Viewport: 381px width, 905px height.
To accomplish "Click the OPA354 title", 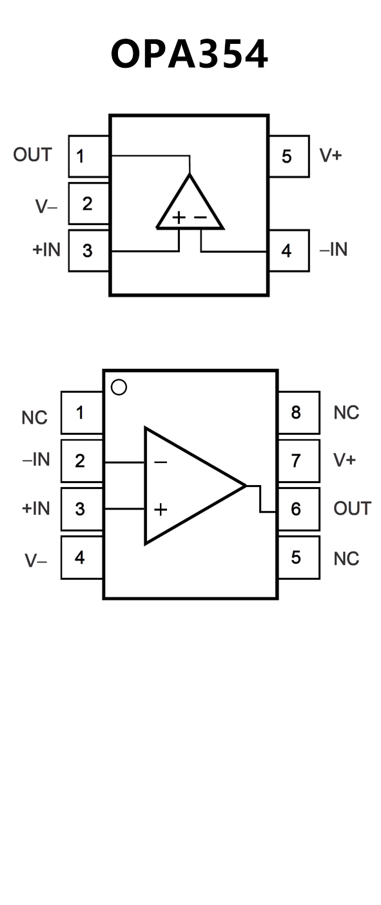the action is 190,54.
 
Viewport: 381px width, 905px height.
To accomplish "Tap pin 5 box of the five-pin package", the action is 289,156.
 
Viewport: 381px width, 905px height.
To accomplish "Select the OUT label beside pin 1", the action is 32,155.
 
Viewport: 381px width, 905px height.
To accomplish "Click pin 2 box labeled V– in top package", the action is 89,203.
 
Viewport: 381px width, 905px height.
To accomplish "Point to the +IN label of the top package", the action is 46,250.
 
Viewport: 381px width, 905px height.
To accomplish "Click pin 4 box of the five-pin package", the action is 289,250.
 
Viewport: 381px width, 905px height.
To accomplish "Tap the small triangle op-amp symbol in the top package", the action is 190,201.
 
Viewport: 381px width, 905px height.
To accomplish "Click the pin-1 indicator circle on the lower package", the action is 119,387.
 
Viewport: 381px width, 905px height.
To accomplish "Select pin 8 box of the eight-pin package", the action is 299,412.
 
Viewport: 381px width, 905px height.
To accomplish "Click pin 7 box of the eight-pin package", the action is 299,461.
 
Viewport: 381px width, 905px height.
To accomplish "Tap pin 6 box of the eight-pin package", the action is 299,509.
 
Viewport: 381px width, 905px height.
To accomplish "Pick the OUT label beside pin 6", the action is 353,508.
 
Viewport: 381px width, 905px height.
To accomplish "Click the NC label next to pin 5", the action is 346,559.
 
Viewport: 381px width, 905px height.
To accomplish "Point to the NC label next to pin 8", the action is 346,412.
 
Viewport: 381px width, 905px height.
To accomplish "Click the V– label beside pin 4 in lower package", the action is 36,561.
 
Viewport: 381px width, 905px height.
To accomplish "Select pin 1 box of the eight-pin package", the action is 82,412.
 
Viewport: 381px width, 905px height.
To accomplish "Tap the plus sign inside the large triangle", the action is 161,509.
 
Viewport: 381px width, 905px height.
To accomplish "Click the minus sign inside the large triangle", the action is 161,462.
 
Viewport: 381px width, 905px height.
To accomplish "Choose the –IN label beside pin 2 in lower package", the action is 36,459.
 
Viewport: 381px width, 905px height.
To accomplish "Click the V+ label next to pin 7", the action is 345,460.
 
